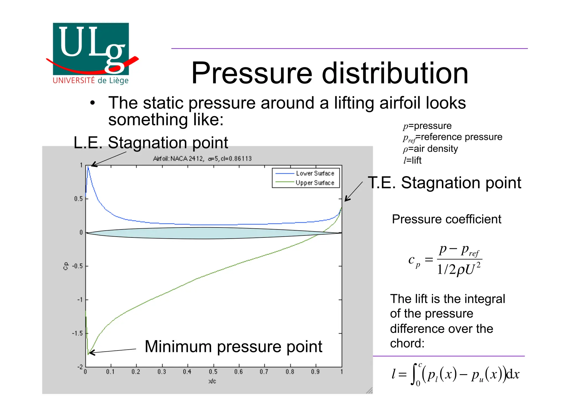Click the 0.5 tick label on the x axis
pyautogui.click(x=213, y=372)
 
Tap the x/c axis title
pyautogui.click(x=212, y=381)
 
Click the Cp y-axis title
pyautogui.click(x=66, y=266)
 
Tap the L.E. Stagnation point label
pyautogui.click(x=151, y=142)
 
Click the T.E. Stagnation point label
pyautogui.click(x=444, y=183)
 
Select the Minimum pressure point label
pyautogui.click(x=233, y=346)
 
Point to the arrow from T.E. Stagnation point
pyautogui.click(x=354, y=192)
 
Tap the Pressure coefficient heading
pyautogui.click(x=446, y=219)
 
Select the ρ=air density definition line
pyautogui.click(x=430, y=149)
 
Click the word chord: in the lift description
pyautogui.click(x=407, y=343)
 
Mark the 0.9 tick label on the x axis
pyautogui.click(x=315, y=372)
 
